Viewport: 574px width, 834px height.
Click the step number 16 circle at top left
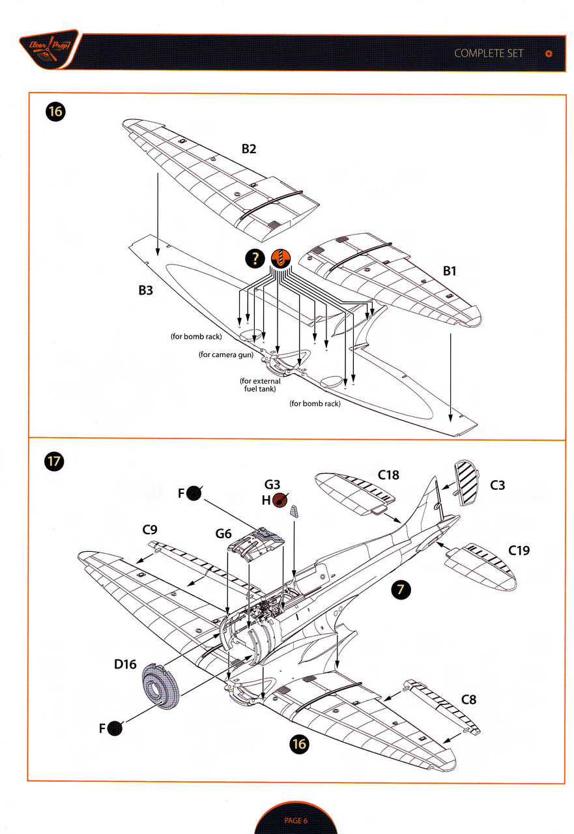point(55,112)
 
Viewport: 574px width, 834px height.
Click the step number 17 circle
point(55,463)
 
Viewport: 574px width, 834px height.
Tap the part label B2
point(249,149)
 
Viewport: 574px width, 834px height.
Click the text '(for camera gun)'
point(226,355)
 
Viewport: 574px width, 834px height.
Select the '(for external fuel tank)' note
point(260,385)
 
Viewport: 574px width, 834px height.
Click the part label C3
point(497,485)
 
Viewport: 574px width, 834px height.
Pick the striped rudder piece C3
point(466,482)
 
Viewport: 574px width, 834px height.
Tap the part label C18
point(388,475)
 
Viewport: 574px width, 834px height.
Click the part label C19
point(519,551)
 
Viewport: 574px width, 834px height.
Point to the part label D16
point(125,665)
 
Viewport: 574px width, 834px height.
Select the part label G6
point(223,534)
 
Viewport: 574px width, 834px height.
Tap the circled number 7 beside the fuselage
point(402,590)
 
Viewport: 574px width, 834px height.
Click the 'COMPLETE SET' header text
point(489,53)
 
